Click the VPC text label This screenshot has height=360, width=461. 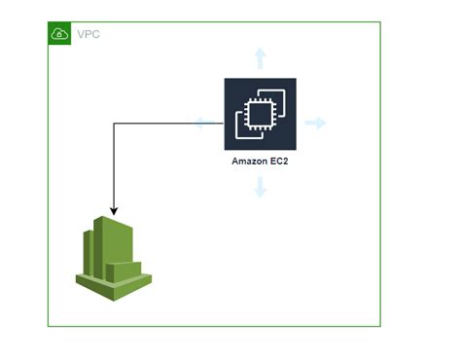click(x=88, y=34)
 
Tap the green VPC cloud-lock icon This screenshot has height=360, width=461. click(x=59, y=34)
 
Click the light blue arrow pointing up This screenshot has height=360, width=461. click(x=260, y=56)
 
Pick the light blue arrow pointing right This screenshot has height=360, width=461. click(x=315, y=123)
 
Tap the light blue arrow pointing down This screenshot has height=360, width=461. click(x=260, y=187)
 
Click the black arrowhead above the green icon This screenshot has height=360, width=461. click(x=115, y=209)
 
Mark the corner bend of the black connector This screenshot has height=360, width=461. click(x=115, y=124)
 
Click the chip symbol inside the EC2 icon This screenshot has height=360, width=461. click(x=260, y=115)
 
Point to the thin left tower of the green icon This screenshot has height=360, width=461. click(x=87, y=251)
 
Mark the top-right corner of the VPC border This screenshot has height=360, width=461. click(x=380, y=23)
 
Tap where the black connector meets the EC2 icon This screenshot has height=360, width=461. click(x=225, y=124)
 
